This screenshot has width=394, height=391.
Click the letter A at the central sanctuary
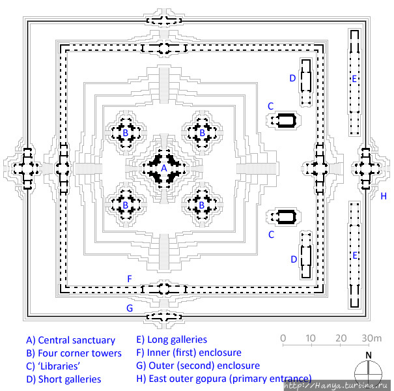(163, 168)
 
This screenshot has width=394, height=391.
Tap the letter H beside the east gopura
(384, 195)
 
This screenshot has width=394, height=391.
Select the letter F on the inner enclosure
(130, 279)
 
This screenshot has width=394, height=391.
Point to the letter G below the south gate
(130, 308)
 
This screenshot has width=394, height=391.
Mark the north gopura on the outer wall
(163, 20)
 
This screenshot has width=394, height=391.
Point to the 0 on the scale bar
(283, 338)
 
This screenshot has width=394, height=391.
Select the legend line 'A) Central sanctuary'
(70, 340)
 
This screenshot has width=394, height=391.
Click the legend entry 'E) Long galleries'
(171, 340)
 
